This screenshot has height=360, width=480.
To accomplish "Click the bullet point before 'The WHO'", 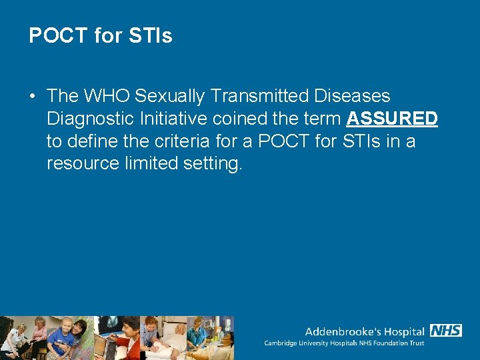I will point(32,97).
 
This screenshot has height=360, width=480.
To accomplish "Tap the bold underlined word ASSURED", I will point(392,119).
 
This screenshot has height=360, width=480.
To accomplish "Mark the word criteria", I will point(191,141).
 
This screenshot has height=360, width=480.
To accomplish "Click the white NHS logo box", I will point(445,331).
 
